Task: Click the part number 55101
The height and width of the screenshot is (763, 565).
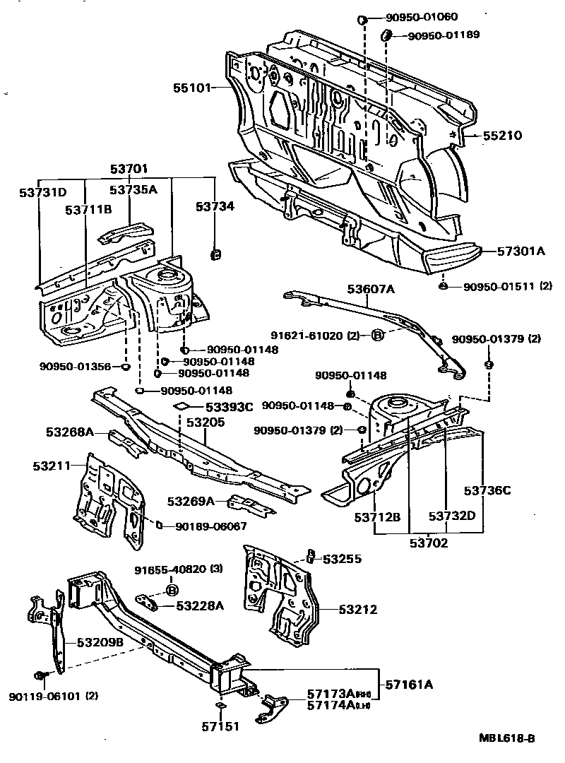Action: pyautogui.click(x=192, y=88)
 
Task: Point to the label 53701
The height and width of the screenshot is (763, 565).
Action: pyautogui.click(x=129, y=169)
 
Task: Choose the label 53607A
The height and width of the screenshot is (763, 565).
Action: pyautogui.click(x=370, y=288)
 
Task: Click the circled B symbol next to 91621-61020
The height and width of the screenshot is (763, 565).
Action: pyautogui.click(x=377, y=336)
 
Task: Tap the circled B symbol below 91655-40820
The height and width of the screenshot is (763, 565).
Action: pyautogui.click(x=170, y=588)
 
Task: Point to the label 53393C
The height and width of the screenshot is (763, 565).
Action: pyautogui.click(x=229, y=407)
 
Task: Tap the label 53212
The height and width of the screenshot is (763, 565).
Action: pyautogui.click(x=357, y=609)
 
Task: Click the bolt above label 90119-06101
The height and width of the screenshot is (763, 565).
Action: pyautogui.click(x=40, y=676)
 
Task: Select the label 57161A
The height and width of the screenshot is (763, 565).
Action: pyautogui.click(x=409, y=684)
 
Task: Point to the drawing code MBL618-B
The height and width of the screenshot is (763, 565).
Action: pyautogui.click(x=506, y=738)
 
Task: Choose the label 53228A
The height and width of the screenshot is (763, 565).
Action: pyautogui.click(x=200, y=605)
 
